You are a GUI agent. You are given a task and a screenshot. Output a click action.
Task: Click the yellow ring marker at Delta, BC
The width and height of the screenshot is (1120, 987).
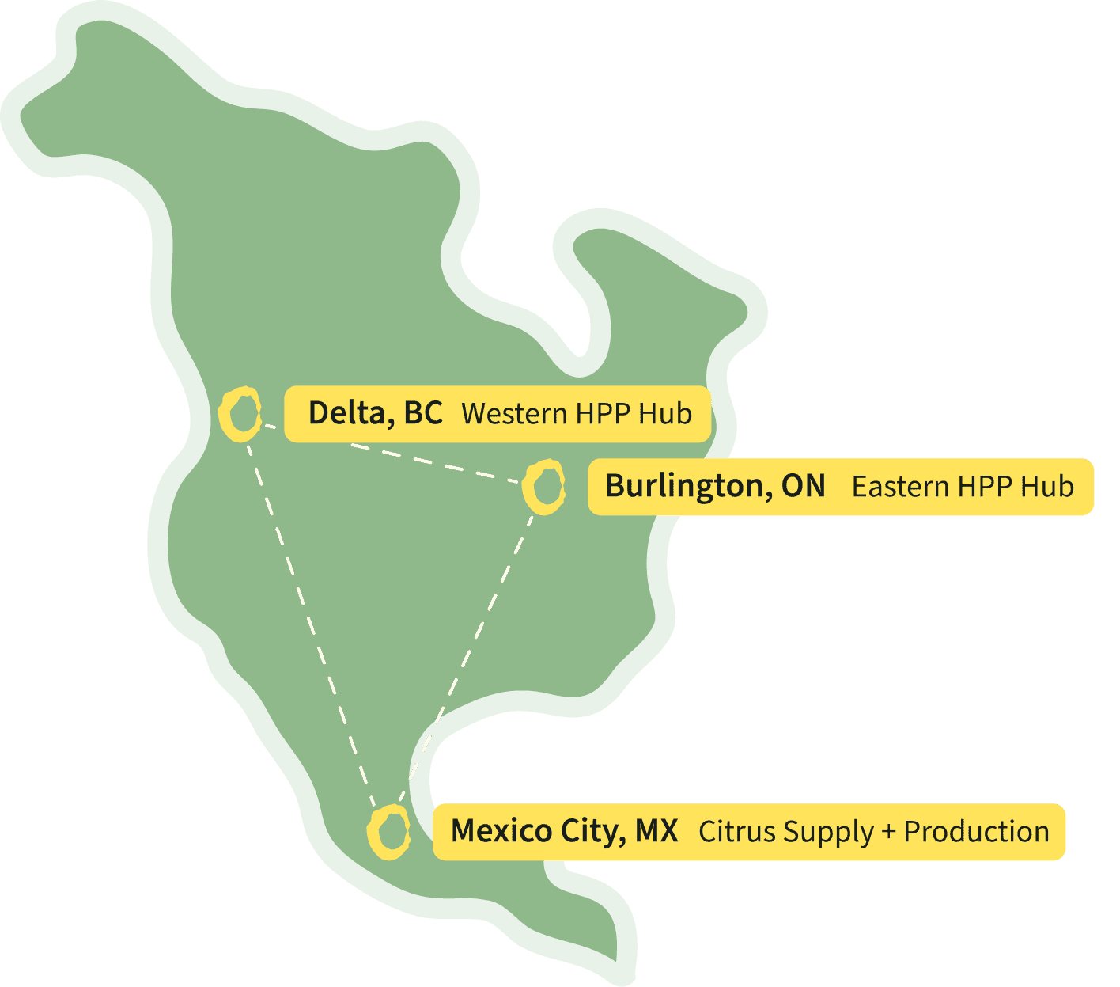pos(240,413)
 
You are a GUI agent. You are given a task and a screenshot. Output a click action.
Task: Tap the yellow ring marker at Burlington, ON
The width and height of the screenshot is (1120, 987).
pos(544,486)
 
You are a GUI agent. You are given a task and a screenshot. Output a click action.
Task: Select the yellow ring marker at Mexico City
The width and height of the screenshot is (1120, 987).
pos(388,832)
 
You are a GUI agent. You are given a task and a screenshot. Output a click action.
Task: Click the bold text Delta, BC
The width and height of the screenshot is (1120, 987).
pos(375,413)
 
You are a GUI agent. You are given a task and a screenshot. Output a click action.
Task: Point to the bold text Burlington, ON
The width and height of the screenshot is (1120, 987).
pos(715,486)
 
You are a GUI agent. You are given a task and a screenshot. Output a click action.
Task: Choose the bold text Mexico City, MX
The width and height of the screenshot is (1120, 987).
pos(564,831)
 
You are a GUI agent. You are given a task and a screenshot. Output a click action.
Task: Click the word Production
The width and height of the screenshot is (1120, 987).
pos(976,832)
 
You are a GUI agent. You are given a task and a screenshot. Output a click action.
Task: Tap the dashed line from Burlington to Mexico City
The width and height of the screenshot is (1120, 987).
pos(467,656)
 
